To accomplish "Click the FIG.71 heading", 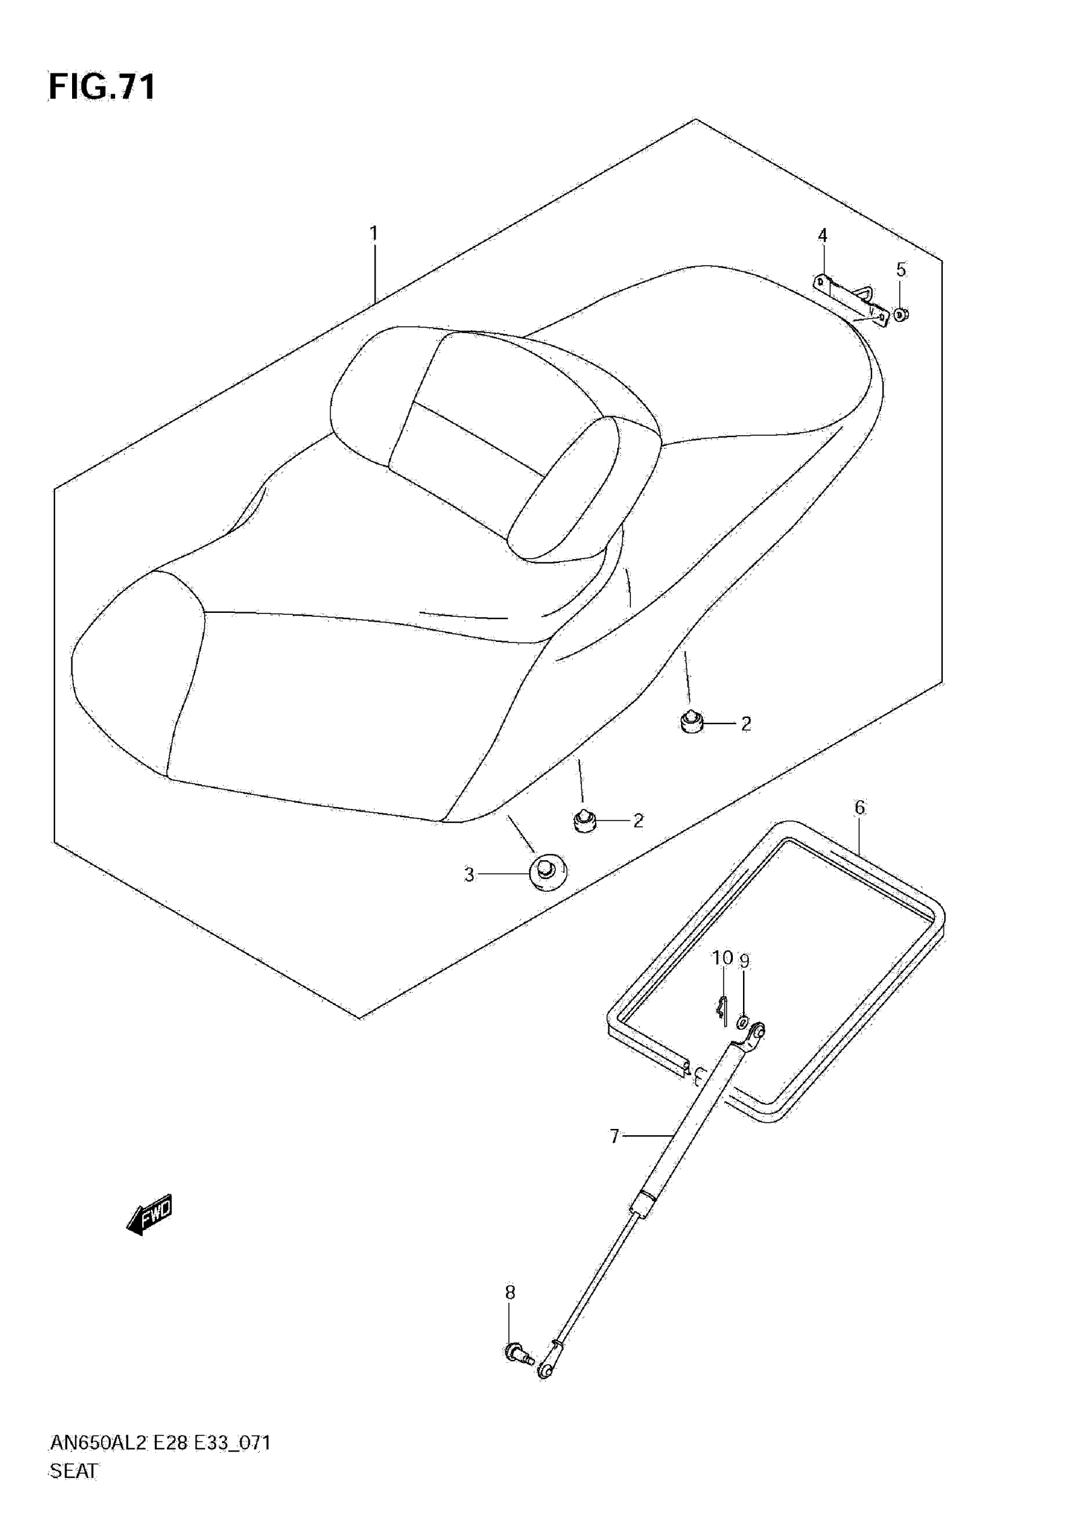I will point(103,87).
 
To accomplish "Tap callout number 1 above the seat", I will point(373,233).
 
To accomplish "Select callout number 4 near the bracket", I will point(822,235).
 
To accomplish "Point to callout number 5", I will point(900,270).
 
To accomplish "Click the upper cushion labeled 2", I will point(692,721).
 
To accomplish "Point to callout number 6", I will point(859,807).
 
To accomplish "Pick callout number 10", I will point(722,958).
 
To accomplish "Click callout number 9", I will point(745,961).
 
